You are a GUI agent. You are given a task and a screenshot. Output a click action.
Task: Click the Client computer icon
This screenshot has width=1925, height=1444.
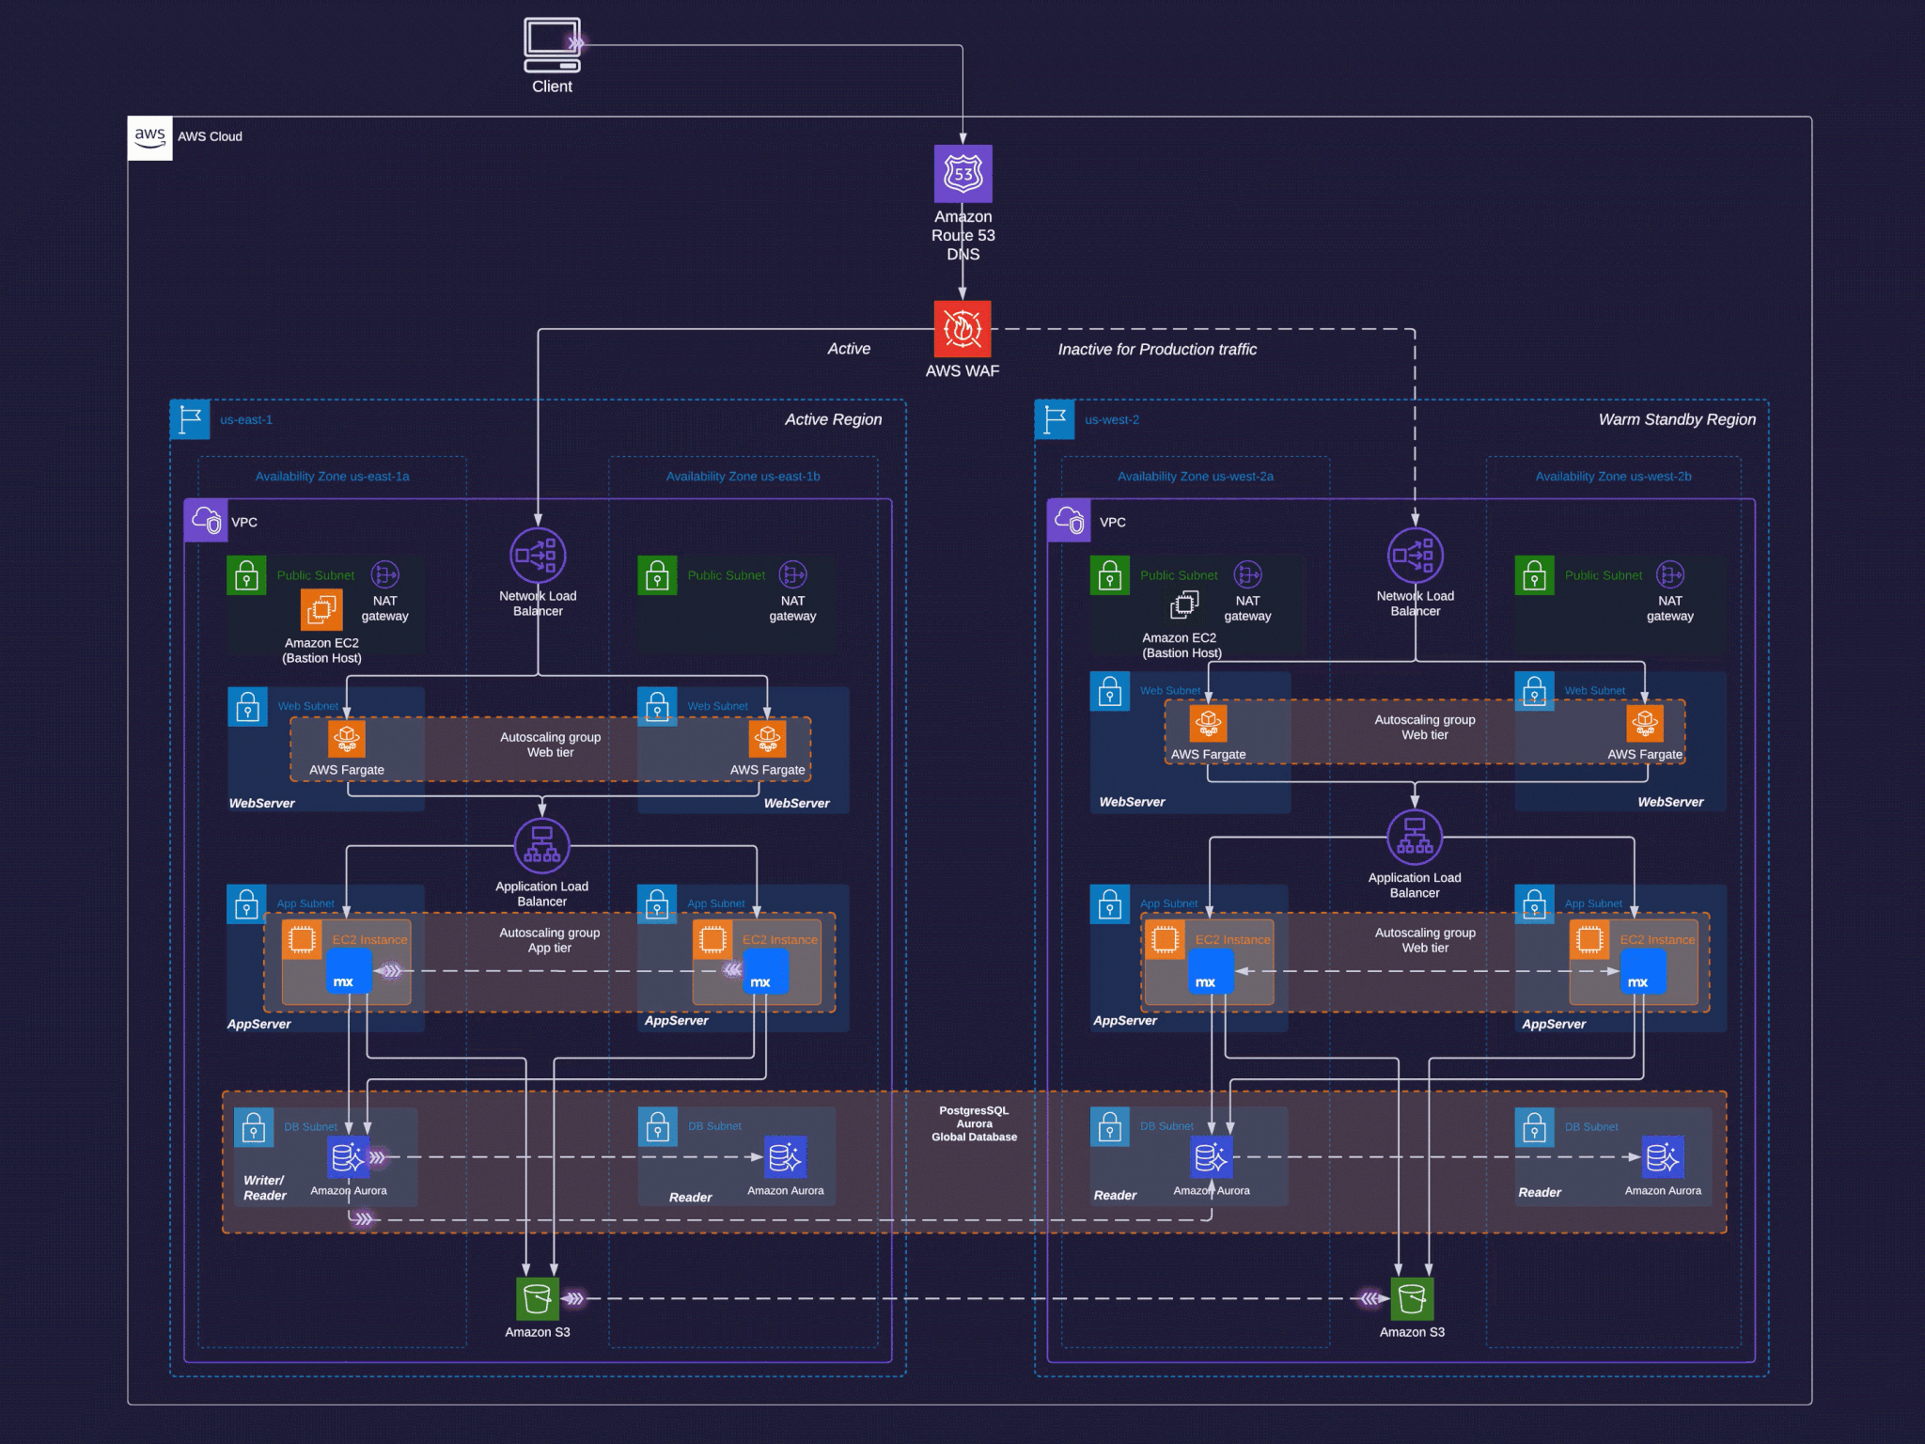[x=552, y=44]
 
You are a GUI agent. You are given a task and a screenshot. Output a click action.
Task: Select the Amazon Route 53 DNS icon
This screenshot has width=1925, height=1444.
[x=962, y=174]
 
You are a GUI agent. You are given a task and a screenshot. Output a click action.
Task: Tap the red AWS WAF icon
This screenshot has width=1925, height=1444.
[x=962, y=329]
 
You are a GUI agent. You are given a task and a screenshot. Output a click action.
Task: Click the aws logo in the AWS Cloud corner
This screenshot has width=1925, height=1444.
[x=150, y=137]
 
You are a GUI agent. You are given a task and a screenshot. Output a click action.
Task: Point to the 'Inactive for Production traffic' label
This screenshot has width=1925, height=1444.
[x=1157, y=350]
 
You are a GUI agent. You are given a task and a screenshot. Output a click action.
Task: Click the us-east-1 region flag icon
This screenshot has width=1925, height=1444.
[x=190, y=419]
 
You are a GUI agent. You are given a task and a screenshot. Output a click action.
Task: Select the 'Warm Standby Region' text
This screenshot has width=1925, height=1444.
[x=1676, y=419]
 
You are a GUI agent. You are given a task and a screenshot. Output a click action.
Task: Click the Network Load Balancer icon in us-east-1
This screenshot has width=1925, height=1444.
[x=538, y=555]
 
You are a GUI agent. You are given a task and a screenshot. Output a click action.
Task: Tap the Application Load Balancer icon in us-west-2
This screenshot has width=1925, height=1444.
[x=1415, y=837]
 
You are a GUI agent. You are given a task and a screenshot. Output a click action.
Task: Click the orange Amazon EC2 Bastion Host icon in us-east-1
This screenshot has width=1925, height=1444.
[x=321, y=609]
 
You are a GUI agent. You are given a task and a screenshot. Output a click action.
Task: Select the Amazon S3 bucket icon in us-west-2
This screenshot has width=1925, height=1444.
[x=1412, y=1299]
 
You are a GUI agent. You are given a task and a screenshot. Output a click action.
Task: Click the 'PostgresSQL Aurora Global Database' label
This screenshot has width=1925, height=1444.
[x=974, y=1123]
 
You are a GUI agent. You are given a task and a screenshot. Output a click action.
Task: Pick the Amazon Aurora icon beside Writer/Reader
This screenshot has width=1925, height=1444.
[x=348, y=1157]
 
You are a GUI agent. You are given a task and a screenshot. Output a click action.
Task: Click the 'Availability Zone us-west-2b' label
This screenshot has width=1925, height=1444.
[x=1613, y=477]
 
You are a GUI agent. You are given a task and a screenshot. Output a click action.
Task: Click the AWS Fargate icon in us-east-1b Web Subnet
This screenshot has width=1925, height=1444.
[x=767, y=738]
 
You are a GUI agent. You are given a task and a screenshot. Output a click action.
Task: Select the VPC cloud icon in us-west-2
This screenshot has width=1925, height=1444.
[x=1069, y=521]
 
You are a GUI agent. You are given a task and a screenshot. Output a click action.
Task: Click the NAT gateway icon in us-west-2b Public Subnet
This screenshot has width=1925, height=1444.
[x=1669, y=574]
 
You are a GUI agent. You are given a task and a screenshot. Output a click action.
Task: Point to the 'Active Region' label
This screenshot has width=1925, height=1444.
[x=833, y=419]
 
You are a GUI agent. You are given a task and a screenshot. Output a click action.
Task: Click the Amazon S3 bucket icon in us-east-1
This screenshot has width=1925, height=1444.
[x=538, y=1299]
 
